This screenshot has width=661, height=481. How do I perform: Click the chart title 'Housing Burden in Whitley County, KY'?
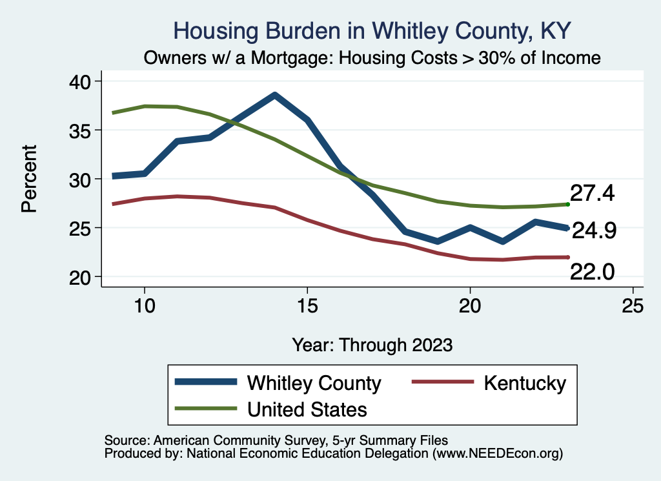[x=372, y=31]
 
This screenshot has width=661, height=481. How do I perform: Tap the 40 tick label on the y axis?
[x=80, y=81]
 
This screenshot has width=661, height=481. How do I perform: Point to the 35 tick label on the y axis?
[x=80, y=130]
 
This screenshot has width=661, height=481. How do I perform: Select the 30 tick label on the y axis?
[x=80, y=179]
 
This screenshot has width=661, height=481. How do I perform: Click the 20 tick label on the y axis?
[x=80, y=277]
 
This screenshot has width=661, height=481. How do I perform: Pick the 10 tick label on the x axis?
[x=144, y=306]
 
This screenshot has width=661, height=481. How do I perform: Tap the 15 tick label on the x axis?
[x=307, y=306]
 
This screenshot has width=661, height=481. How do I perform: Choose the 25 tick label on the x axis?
[x=633, y=306]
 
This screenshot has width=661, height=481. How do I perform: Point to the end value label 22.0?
[x=592, y=273]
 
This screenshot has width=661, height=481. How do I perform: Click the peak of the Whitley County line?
[x=274, y=95]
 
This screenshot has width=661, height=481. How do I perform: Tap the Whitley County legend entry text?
[x=314, y=383]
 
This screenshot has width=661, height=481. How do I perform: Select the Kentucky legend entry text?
[x=524, y=383]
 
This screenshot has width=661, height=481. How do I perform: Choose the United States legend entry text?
[x=307, y=409]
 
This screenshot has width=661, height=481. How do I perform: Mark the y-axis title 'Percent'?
[x=28, y=179]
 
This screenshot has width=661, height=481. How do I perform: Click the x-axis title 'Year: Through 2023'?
[x=372, y=344]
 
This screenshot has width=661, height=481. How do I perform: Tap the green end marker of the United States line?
[x=567, y=204]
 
